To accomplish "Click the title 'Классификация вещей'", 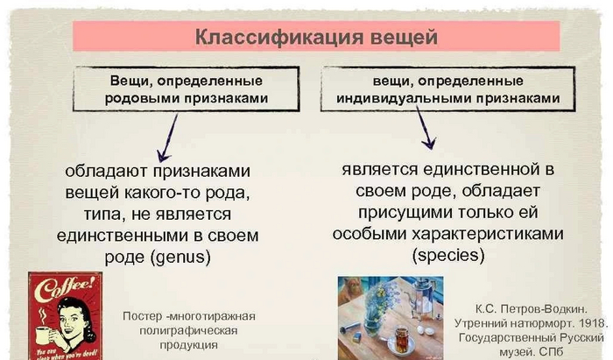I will (314, 37).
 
